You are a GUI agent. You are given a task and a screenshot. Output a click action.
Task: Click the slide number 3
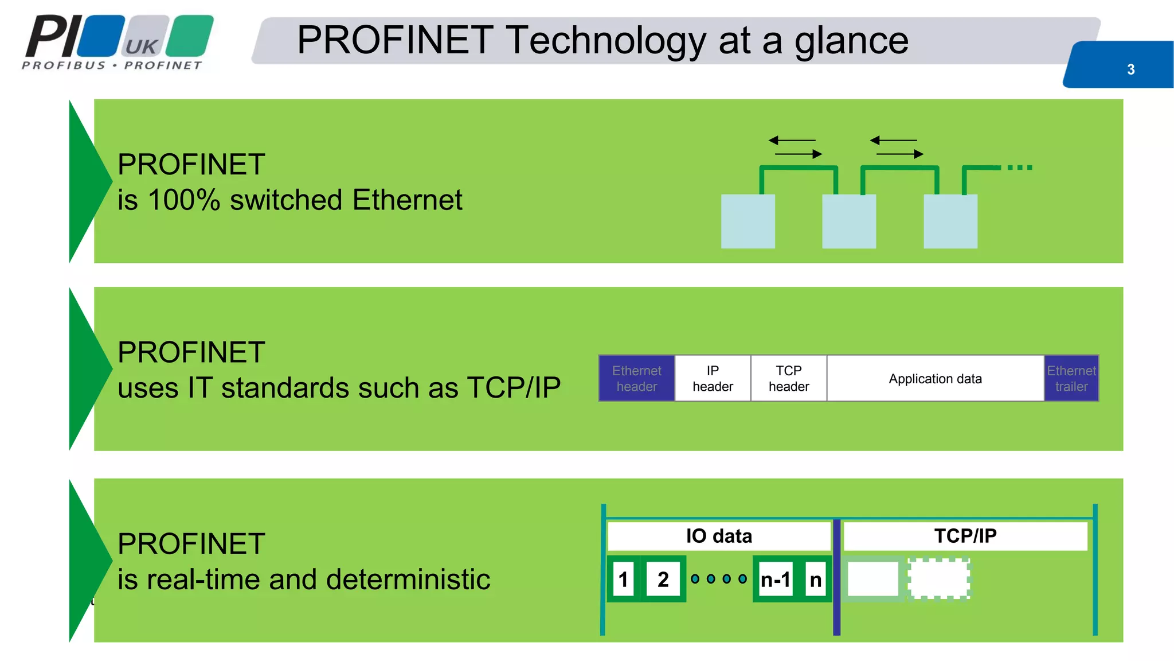point(1130,69)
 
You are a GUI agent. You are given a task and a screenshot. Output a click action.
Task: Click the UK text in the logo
point(142,46)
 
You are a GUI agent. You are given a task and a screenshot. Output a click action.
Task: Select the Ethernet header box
point(636,379)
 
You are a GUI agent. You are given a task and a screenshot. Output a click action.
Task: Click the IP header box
point(713,379)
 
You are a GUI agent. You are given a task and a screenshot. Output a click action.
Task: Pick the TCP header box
point(789,379)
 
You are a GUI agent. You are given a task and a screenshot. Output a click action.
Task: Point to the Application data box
point(935,379)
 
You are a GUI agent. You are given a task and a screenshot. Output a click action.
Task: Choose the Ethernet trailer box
point(1071,379)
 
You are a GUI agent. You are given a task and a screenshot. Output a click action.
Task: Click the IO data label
point(719,536)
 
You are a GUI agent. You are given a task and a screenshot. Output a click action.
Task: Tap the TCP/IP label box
point(965,536)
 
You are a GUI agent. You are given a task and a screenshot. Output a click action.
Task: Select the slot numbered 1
point(623,580)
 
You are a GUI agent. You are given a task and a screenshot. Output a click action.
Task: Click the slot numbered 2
point(663,580)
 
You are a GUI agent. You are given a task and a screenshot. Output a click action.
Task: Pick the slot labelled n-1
point(775,580)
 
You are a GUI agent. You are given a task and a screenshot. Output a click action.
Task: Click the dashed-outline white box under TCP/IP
point(939,579)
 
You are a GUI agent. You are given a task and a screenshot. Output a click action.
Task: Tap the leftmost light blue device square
point(748,221)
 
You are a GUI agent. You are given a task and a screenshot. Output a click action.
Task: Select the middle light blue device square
point(849,221)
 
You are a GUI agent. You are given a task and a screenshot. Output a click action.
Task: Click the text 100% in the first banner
point(183,200)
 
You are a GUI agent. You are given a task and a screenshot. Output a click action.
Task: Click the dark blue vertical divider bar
point(836,577)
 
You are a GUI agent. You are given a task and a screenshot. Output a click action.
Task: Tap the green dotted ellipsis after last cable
point(1019,168)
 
